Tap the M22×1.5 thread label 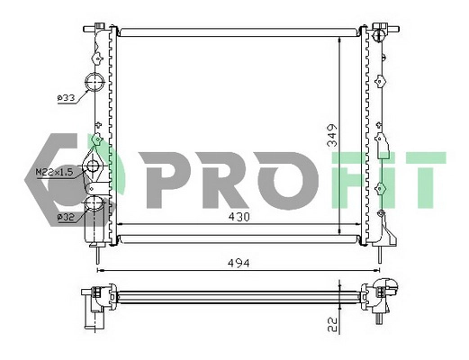click(55, 170)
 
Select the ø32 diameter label click(67, 217)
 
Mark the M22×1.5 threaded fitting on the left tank click(94, 167)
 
